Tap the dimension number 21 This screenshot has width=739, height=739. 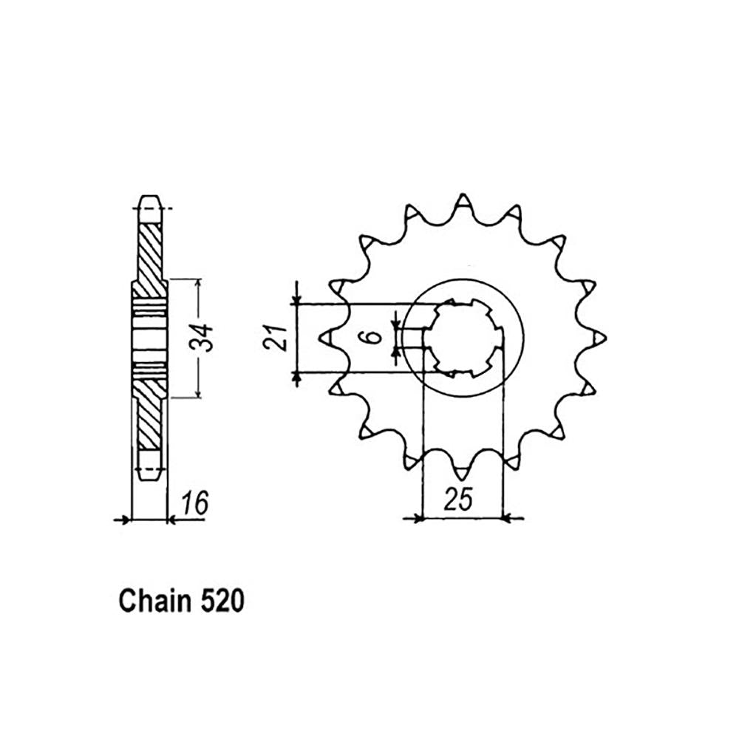coord(275,337)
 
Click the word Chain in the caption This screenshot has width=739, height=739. coord(152,602)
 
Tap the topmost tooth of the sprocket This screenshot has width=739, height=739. coord(463,202)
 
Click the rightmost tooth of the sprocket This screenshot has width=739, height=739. coord(598,338)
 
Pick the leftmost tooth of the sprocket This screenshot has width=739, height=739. coord(327,338)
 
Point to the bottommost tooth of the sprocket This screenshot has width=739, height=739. coord(463,473)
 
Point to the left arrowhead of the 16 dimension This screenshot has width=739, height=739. coord(125,520)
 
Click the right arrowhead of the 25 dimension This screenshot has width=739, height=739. coord(508,518)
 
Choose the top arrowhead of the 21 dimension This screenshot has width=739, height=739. coord(296,299)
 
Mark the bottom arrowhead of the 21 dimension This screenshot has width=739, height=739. coord(296,377)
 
